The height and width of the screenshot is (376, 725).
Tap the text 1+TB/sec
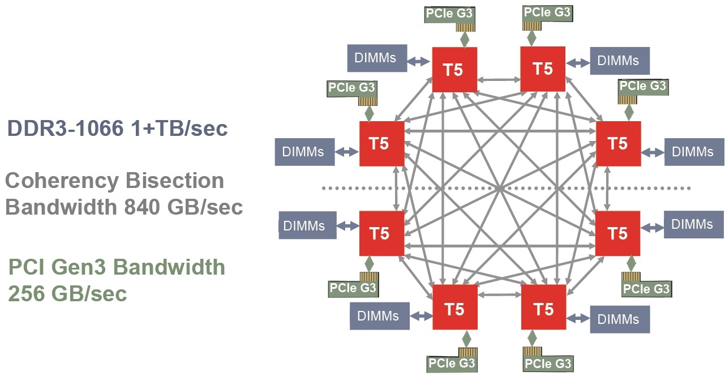pos(187,129)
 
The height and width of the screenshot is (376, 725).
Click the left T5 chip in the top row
pos(454,70)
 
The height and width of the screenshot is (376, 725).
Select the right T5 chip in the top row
pos(543,69)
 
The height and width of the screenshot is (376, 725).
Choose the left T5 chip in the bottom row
pos(454,309)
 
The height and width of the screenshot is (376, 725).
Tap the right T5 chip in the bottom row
pos(543,309)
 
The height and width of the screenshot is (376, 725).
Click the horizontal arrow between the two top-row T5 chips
pos(499,81)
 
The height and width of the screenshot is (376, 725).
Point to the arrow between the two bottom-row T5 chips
pos(499,294)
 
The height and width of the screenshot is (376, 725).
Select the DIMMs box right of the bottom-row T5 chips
pos(620,319)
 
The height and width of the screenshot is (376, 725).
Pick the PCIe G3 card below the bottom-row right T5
pos(547,360)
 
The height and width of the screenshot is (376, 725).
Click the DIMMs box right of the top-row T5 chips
pos(620,61)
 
